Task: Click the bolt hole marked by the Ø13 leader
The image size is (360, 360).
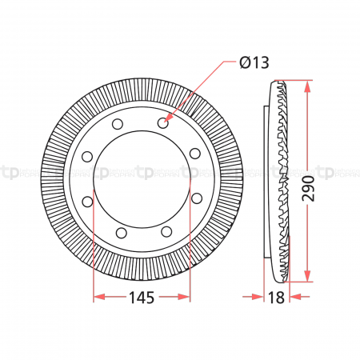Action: (164, 123)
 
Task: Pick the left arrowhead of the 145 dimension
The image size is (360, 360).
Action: (98, 297)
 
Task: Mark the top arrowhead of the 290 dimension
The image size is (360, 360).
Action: (307, 84)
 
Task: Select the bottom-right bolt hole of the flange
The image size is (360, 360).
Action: (165, 231)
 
